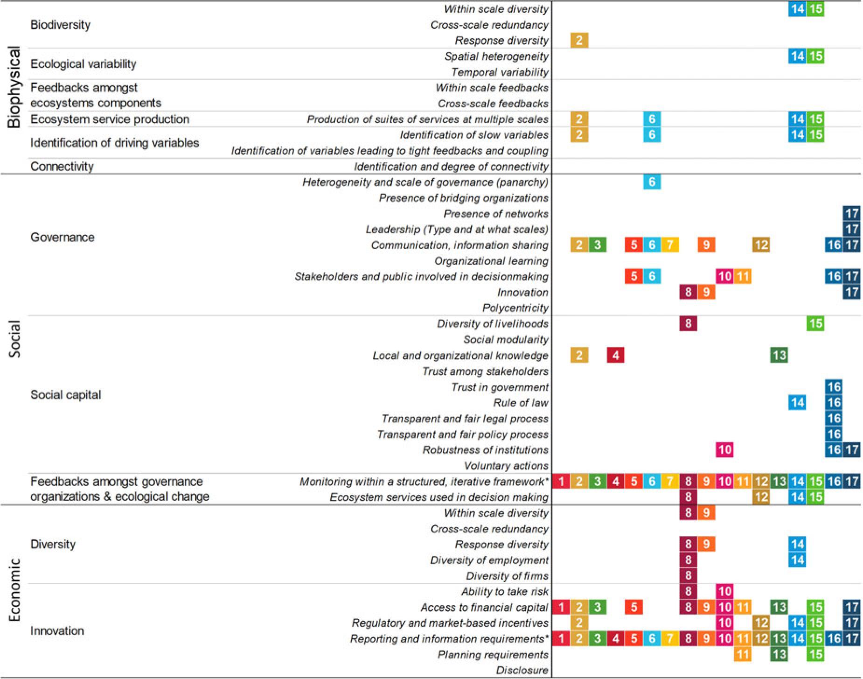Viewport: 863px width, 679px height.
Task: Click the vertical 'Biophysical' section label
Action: [x=14, y=87]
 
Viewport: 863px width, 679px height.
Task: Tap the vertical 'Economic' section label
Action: [x=14, y=590]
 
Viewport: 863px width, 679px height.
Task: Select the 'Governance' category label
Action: [x=63, y=237]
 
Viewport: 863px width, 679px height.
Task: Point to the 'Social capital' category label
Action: [x=65, y=395]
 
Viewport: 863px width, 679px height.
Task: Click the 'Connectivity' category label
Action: [x=62, y=166]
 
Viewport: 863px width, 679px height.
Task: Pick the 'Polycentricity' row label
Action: [x=515, y=308]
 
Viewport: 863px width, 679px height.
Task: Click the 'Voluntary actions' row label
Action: [x=506, y=466]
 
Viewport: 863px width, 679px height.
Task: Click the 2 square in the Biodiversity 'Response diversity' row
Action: [x=579, y=40]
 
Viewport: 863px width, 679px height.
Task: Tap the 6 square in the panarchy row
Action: [x=652, y=182]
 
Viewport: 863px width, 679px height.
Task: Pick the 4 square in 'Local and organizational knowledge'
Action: [x=615, y=355]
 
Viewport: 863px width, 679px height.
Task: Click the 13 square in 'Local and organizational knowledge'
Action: [x=779, y=355]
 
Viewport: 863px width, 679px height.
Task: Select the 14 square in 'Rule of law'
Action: [x=797, y=402]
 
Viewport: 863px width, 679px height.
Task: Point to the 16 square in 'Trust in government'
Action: [x=834, y=387]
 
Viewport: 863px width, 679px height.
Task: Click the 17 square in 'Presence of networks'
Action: [x=852, y=213]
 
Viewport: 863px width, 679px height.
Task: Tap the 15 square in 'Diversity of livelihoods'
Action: [x=815, y=323]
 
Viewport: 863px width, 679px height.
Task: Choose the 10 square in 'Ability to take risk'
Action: [x=724, y=591]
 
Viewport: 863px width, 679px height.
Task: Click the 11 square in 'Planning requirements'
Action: [x=743, y=654]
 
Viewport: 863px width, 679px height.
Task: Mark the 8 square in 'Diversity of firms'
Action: [x=688, y=575]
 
